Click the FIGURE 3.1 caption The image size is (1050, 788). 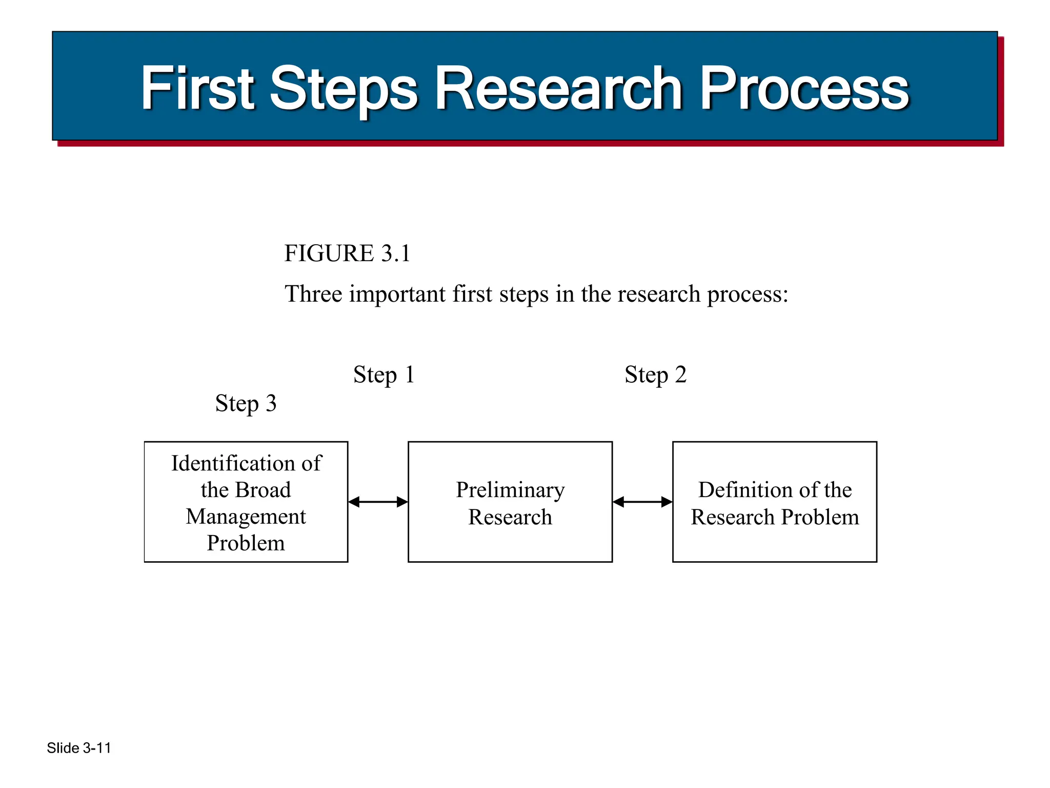[347, 253]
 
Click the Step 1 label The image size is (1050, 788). [383, 375]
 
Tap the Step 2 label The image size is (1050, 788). [655, 375]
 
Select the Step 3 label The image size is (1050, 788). [246, 403]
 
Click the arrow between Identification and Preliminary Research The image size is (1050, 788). [378, 502]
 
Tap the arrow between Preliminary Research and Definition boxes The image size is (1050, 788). [642, 502]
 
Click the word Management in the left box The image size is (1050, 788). [246, 517]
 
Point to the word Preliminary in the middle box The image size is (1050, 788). [510, 490]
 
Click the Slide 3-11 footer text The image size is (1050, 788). [79, 748]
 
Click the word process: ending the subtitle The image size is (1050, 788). [748, 295]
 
